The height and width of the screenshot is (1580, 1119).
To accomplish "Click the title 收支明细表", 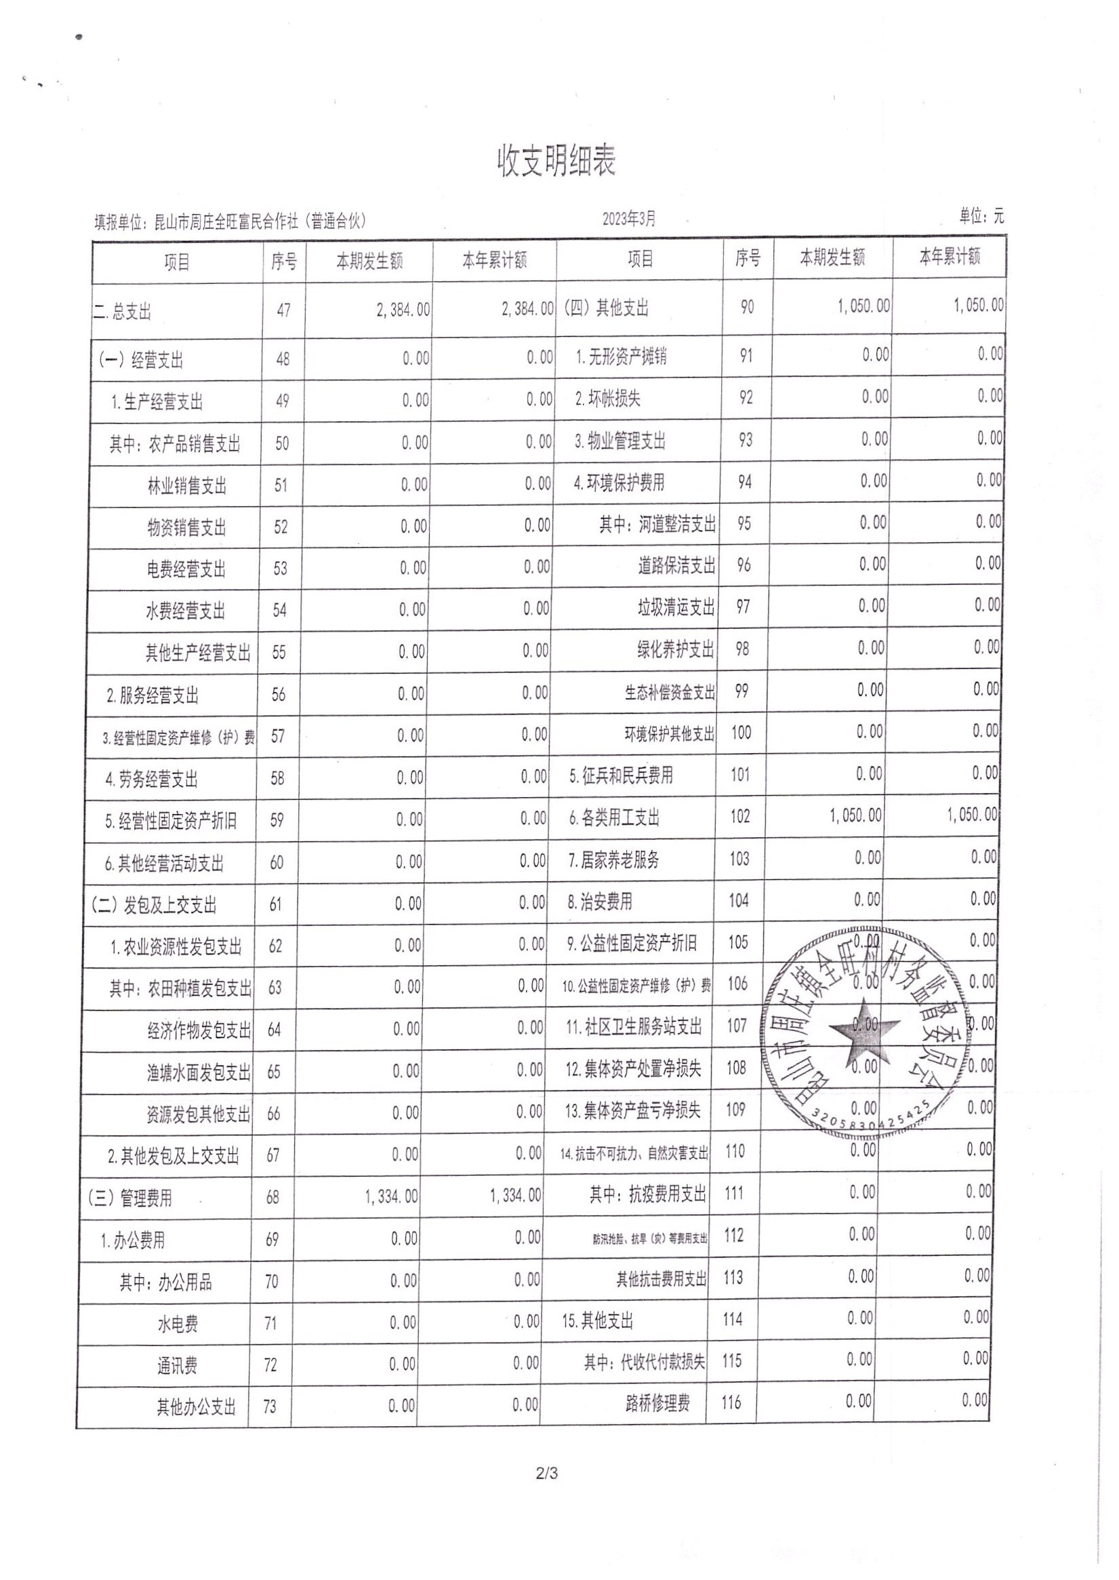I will click(556, 161).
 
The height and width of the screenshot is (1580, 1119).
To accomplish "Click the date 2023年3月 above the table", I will click(628, 219).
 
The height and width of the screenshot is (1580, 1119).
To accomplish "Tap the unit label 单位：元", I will click(981, 216).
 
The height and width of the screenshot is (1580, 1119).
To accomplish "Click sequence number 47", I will click(283, 310).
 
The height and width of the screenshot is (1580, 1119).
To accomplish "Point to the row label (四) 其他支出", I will click(607, 308).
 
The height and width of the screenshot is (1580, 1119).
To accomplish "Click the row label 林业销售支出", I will click(187, 486).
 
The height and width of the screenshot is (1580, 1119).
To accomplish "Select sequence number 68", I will click(273, 1197).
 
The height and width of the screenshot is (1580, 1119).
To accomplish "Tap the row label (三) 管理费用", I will click(129, 1198).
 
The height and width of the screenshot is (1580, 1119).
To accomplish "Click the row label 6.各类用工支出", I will click(614, 818).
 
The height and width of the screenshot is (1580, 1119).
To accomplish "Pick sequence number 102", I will click(740, 817).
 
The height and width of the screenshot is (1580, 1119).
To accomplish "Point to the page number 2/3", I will click(546, 1474).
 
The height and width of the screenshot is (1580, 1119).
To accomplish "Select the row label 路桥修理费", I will click(657, 1403).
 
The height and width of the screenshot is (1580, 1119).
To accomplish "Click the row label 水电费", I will click(178, 1324).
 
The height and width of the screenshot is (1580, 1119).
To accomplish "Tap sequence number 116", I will click(731, 1402).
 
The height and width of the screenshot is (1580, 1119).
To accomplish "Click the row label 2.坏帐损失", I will click(608, 399).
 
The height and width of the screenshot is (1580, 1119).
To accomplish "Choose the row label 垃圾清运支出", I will click(676, 607).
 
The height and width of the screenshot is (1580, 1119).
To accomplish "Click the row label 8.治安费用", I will click(599, 902).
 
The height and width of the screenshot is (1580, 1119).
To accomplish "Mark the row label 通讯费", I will click(177, 1365).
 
